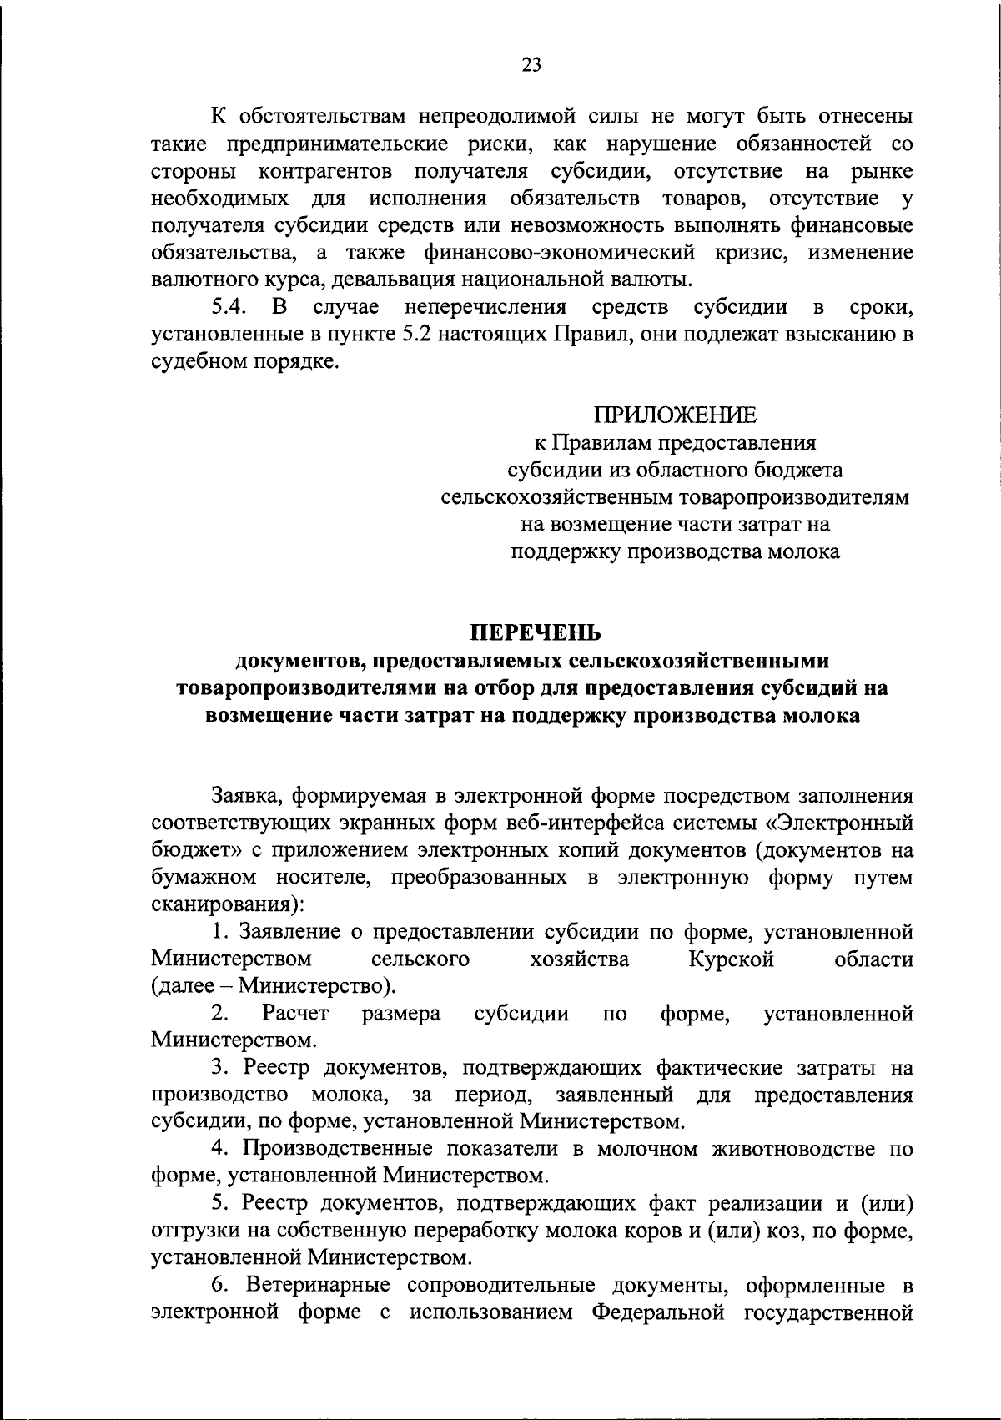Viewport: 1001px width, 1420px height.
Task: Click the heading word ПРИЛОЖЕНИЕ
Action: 675,415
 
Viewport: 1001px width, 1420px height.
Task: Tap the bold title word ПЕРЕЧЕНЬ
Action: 531,633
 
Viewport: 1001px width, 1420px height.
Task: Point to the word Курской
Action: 732,960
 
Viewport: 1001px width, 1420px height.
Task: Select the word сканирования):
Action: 229,904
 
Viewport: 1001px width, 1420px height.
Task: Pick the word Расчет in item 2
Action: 295,1015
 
